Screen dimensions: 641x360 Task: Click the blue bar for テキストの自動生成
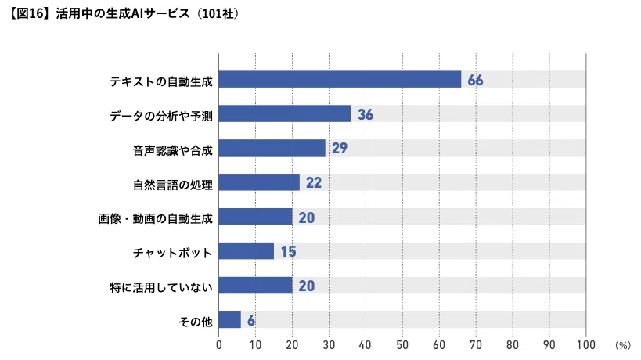pyautogui.click(x=340, y=79)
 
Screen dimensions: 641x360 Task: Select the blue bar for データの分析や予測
pyautogui.click(x=285, y=113)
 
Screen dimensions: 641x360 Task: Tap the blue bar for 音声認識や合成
pyautogui.click(x=272, y=148)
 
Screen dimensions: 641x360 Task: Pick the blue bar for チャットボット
pyautogui.click(x=247, y=251)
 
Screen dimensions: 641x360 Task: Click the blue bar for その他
pyautogui.click(x=230, y=319)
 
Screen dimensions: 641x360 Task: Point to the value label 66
pyautogui.click(x=475, y=80)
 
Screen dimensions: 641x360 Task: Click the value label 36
pyautogui.click(x=366, y=114)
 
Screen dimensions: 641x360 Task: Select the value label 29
pyautogui.click(x=340, y=149)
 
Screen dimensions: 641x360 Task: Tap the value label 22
pyautogui.click(x=314, y=182)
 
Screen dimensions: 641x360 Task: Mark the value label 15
pyautogui.click(x=288, y=251)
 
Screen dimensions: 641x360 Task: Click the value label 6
pyautogui.click(x=251, y=320)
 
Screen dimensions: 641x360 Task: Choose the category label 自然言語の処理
pyautogui.click(x=173, y=185)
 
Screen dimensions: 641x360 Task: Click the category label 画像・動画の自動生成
pyautogui.click(x=155, y=219)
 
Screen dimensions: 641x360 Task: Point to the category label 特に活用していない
pyautogui.click(x=161, y=288)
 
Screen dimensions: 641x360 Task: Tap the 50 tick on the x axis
pyautogui.click(x=402, y=345)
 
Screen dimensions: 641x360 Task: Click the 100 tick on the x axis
pyautogui.click(x=585, y=345)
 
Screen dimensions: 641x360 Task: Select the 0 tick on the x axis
pyautogui.click(x=219, y=345)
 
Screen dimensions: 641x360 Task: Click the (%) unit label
pyautogui.click(x=622, y=346)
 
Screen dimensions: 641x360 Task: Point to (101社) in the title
pyautogui.click(x=218, y=13)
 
